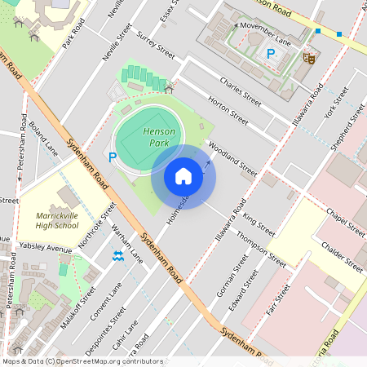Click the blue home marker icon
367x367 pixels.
[x=183, y=176]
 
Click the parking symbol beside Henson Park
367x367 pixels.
[x=113, y=157]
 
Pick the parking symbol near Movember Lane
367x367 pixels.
[x=271, y=54]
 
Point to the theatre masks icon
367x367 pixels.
[x=309, y=57]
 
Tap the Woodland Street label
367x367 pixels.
[x=233, y=159]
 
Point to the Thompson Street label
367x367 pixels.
[x=261, y=250]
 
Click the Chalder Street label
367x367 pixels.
[x=343, y=254]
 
